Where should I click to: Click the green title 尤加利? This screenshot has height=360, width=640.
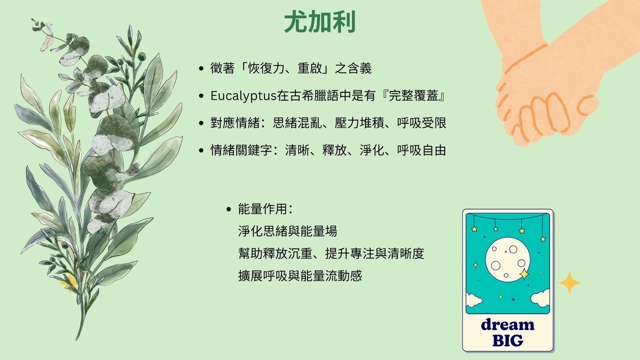click(x=320, y=22)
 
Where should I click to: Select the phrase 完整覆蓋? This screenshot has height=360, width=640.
click(x=414, y=96)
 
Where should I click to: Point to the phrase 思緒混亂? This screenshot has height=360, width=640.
click(x=298, y=123)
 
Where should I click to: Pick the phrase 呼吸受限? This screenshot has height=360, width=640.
click(x=421, y=123)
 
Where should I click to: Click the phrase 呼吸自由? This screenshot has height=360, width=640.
click(x=421, y=150)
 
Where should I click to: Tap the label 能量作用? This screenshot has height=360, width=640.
click(x=262, y=209)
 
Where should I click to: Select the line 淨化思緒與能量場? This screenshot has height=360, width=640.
click(x=287, y=231)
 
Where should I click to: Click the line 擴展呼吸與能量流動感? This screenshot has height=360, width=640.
click(x=300, y=276)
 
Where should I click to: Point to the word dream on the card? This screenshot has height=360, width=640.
click(x=508, y=324)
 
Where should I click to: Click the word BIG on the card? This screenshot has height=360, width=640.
click(x=508, y=340)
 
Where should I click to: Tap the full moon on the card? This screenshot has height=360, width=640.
click(x=508, y=260)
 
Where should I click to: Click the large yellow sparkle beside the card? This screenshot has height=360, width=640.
click(x=569, y=283)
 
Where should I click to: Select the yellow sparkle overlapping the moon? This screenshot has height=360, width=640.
click(x=524, y=274)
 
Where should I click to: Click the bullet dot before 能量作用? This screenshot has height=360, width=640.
click(x=229, y=210)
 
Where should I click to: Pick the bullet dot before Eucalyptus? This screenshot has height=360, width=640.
click(x=201, y=96)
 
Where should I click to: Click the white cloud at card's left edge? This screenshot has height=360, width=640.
click(x=473, y=300)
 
